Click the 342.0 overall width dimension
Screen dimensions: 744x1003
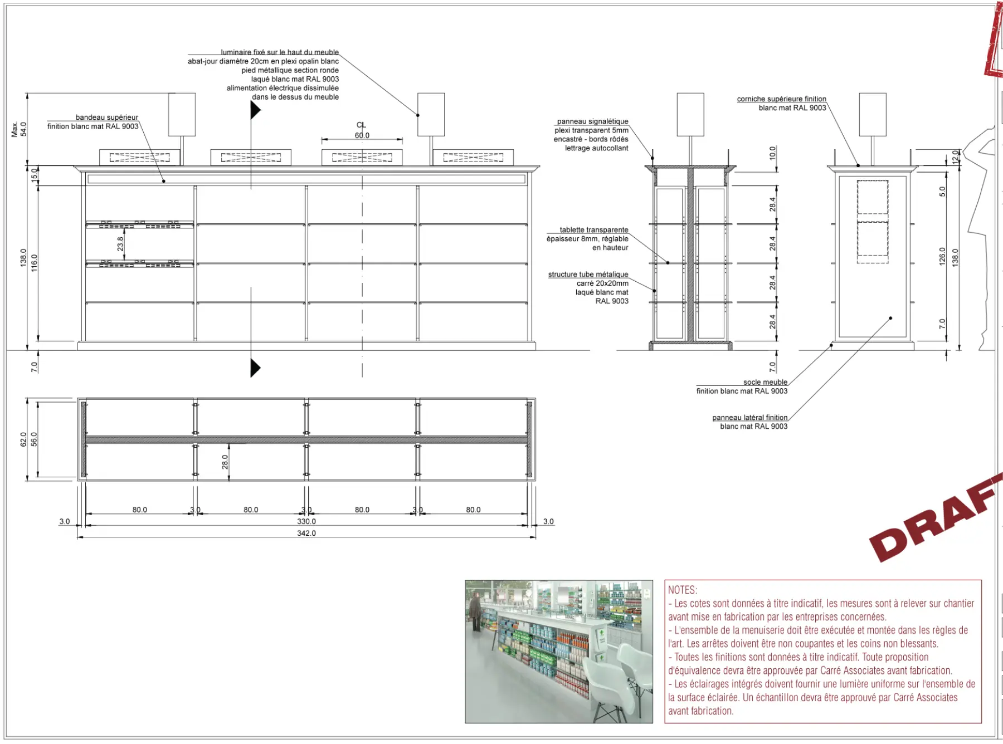pyautogui.click(x=306, y=533)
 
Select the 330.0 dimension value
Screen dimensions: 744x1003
pyautogui.click(x=306, y=522)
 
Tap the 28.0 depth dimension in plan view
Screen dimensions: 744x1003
pyautogui.click(x=225, y=462)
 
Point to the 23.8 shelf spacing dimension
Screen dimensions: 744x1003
pyautogui.click(x=120, y=244)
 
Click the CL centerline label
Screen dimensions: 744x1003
pyautogui.click(x=361, y=125)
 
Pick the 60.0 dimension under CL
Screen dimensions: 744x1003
pyautogui.click(x=362, y=135)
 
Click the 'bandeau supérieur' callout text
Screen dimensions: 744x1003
pyautogui.click(x=106, y=118)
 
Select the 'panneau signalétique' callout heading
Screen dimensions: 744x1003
pyautogui.click(x=592, y=121)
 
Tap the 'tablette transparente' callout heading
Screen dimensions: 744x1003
pyautogui.click(x=594, y=230)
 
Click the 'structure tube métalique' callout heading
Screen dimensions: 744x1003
pyautogui.click(x=588, y=275)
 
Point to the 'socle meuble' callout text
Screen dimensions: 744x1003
pyautogui.click(x=765, y=382)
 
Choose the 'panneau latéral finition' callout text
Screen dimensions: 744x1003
pyautogui.click(x=749, y=418)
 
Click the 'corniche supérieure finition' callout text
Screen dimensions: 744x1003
pyautogui.click(x=781, y=99)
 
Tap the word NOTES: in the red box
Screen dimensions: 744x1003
pyautogui.click(x=683, y=590)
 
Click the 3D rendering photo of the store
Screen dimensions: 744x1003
pyautogui.click(x=559, y=652)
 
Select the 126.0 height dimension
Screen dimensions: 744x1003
pyautogui.click(x=942, y=256)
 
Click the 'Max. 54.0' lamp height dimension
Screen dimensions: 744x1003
pyautogui.click(x=19, y=129)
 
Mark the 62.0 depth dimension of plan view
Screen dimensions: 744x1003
pyautogui.click(x=23, y=439)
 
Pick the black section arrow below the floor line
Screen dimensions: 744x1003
pyautogui.click(x=255, y=368)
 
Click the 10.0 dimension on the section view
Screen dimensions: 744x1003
pyautogui.click(x=772, y=153)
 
